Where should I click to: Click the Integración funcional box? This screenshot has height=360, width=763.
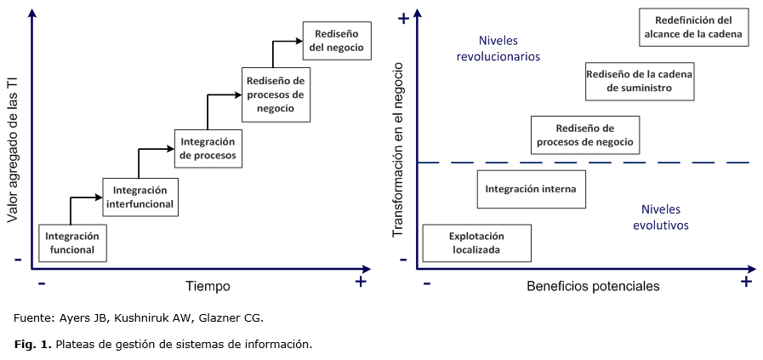coord(72,243)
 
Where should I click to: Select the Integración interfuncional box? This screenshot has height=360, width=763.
coord(139,197)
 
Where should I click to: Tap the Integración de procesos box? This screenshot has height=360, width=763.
coord(208,149)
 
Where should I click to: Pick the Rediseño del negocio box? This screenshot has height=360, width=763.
coord(337,41)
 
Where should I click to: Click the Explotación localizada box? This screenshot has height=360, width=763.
coord(476,243)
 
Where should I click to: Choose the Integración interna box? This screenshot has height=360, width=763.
coord(531,189)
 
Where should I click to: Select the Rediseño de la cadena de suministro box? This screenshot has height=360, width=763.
coord(640,81)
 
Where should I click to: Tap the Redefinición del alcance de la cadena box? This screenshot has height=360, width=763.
coord(694,27)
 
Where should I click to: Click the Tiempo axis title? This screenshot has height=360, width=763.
coord(208,286)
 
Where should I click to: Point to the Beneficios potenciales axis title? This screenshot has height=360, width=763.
coord(593,286)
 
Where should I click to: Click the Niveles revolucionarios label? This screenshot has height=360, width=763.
coord(498,49)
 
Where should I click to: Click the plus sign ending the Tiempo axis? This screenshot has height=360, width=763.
coord(361,282)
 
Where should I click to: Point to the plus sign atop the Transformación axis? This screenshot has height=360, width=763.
coord(403,18)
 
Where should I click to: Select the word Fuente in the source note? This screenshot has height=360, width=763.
coord(31,318)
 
